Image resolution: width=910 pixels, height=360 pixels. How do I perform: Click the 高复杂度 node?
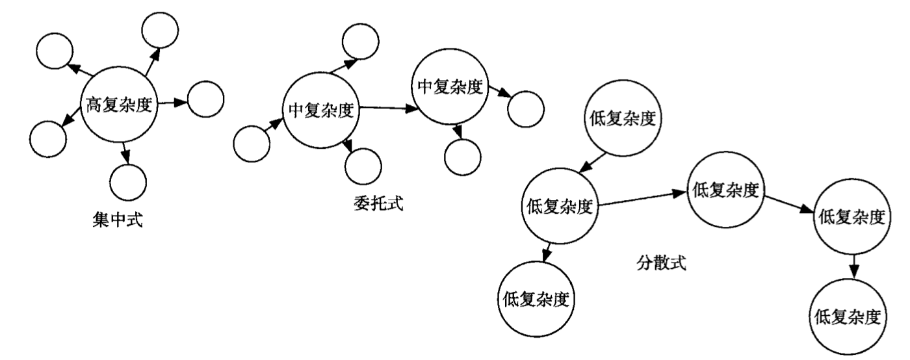(x=120, y=104)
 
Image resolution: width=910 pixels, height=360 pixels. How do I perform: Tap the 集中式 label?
(x=118, y=222)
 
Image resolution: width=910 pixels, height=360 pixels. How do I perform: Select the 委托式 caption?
(x=376, y=204)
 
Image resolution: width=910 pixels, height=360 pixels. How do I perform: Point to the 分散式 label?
(x=660, y=264)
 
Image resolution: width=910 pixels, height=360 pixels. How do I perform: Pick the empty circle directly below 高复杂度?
(x=128, y=183)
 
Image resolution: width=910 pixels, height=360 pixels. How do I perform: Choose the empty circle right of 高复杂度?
(x=205, y=99)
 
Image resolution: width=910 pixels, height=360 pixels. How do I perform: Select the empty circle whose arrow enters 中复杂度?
(x=250, y=144)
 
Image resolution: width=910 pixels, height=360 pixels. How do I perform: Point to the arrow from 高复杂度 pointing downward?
(x=125, y=151)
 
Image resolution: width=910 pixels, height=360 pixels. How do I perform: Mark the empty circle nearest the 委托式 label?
(x=363, y=168)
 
